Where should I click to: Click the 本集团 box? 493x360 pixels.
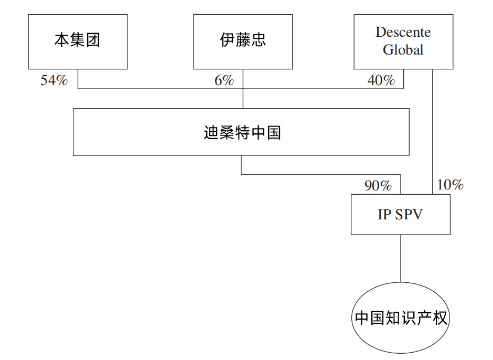click(78, 41)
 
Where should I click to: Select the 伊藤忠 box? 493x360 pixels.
click(243, 41)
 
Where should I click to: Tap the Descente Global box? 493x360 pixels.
click(403, 41)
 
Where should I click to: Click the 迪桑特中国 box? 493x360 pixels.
click(241, 132)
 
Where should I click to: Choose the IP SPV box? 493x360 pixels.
click(401, 214)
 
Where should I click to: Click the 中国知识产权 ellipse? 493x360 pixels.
click(401, 317)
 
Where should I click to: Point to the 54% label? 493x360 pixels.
click(54, 80)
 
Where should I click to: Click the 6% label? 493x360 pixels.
click(224, 80)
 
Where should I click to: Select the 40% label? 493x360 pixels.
click(381, 80)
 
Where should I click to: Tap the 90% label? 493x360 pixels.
click(378, 185)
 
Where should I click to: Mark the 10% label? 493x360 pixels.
click(450, 184)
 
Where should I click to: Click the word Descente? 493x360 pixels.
click(403, 32)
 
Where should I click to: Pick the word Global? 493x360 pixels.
click(403, 50)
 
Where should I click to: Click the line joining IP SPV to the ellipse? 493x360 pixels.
click(401, 258)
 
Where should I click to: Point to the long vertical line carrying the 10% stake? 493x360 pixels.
click(432, 132)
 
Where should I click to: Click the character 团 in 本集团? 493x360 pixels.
click(93, 40)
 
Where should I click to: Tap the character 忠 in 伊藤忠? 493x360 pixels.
click(259, 40)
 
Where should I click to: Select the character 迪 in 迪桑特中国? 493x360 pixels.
click(211, 132)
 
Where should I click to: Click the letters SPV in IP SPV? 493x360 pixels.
click(409, 215)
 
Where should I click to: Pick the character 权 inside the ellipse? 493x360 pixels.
click(440, 318)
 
